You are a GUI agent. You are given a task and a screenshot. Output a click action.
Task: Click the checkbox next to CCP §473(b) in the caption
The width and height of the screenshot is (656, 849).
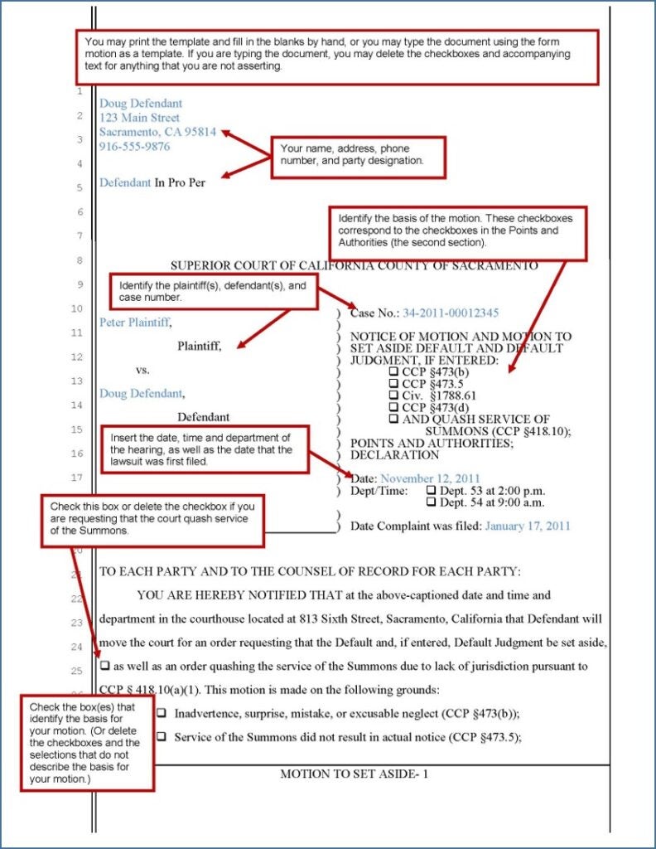tap(394, 372)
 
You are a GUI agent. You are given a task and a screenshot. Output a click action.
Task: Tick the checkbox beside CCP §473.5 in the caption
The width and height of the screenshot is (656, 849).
tap(394, 384)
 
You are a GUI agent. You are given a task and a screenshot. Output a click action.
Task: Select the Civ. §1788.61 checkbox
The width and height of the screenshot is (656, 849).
tap(394, 395)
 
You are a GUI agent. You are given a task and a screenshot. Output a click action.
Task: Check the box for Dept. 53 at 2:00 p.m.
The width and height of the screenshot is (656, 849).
tap(430, 491)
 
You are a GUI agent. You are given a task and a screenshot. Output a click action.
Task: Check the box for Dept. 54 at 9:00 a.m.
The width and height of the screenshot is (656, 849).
tap(430, 502)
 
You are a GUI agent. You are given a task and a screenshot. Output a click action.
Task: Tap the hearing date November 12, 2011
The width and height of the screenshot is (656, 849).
tap(430, 478)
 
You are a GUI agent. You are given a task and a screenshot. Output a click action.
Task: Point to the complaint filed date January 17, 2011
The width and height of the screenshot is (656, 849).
tap(527, 526)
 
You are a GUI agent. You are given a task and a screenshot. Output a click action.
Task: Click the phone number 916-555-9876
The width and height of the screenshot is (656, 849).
tap(134, 147)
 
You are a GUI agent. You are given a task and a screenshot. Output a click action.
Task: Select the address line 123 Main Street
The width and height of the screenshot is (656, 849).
tap(139, 118)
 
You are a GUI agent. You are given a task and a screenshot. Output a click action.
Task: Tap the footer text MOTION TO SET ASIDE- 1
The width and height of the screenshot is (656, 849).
tap(354, 774)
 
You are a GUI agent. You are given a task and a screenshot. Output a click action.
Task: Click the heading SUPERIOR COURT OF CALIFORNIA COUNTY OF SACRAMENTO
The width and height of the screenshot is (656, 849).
tap(354, 265)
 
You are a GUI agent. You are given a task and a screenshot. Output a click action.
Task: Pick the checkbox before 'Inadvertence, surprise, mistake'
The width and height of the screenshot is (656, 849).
tap(162, 713)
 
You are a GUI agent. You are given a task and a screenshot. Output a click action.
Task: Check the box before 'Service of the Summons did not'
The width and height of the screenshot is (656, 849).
tap(162, 736)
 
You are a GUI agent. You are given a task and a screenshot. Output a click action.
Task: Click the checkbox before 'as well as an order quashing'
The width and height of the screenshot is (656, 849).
tap(105, 666)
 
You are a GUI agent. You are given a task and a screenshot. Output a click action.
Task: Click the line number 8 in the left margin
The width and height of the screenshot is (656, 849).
tap(79, 260)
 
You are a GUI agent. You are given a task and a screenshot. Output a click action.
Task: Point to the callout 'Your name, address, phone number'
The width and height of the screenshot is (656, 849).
tap(358, 155)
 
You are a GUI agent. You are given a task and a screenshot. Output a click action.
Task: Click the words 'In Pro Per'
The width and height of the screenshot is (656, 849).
tap(180, 182)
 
